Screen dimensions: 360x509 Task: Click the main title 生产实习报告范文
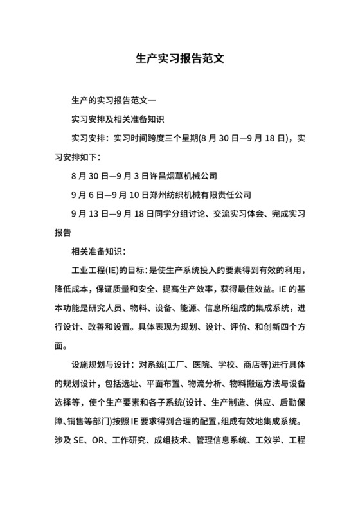pyautogui.click(x=179, y=57)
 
